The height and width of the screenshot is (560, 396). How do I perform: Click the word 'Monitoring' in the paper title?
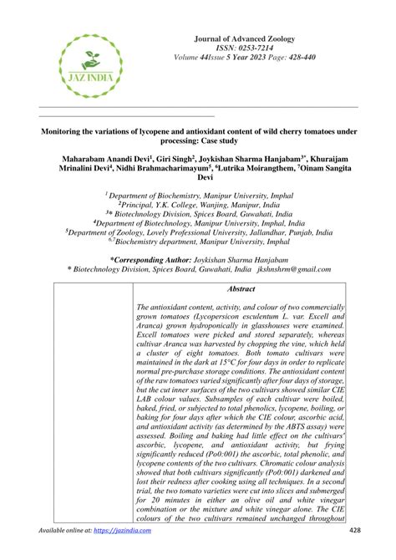pyautogui.click(x=72, y=131)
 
